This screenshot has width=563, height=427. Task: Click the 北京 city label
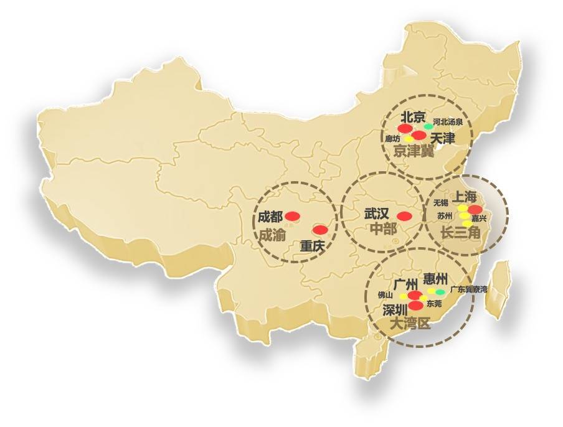tap(412, 117)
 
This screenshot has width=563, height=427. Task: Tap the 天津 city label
tap(443, 138)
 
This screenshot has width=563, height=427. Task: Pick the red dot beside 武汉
tap(404, 217)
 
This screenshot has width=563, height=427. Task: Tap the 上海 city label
tap(467, 197)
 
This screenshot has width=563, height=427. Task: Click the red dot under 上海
tap(475, 209)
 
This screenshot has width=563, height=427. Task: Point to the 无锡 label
tap(441, 203)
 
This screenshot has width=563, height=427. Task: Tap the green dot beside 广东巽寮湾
tap(441, 291)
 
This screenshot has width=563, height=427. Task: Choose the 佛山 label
tap(386, 294)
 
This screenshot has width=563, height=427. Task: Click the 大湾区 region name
tap(409, 324)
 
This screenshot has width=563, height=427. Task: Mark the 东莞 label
tap(434, 304)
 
